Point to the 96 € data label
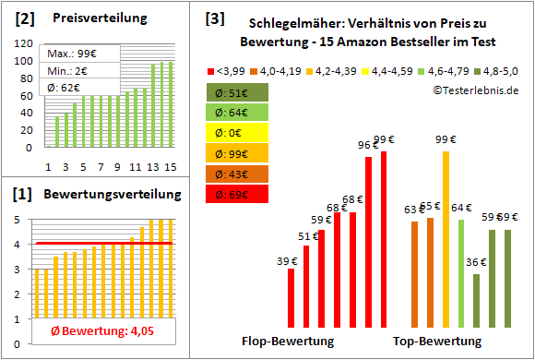click(x=369, y=145)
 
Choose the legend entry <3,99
click(x=227, y=69)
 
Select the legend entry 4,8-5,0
click(x=499, y=69)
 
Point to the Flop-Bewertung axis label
click(x=287, y=341)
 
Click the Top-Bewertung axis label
click(x=437, y=341)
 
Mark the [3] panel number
click(x=214, y=18)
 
